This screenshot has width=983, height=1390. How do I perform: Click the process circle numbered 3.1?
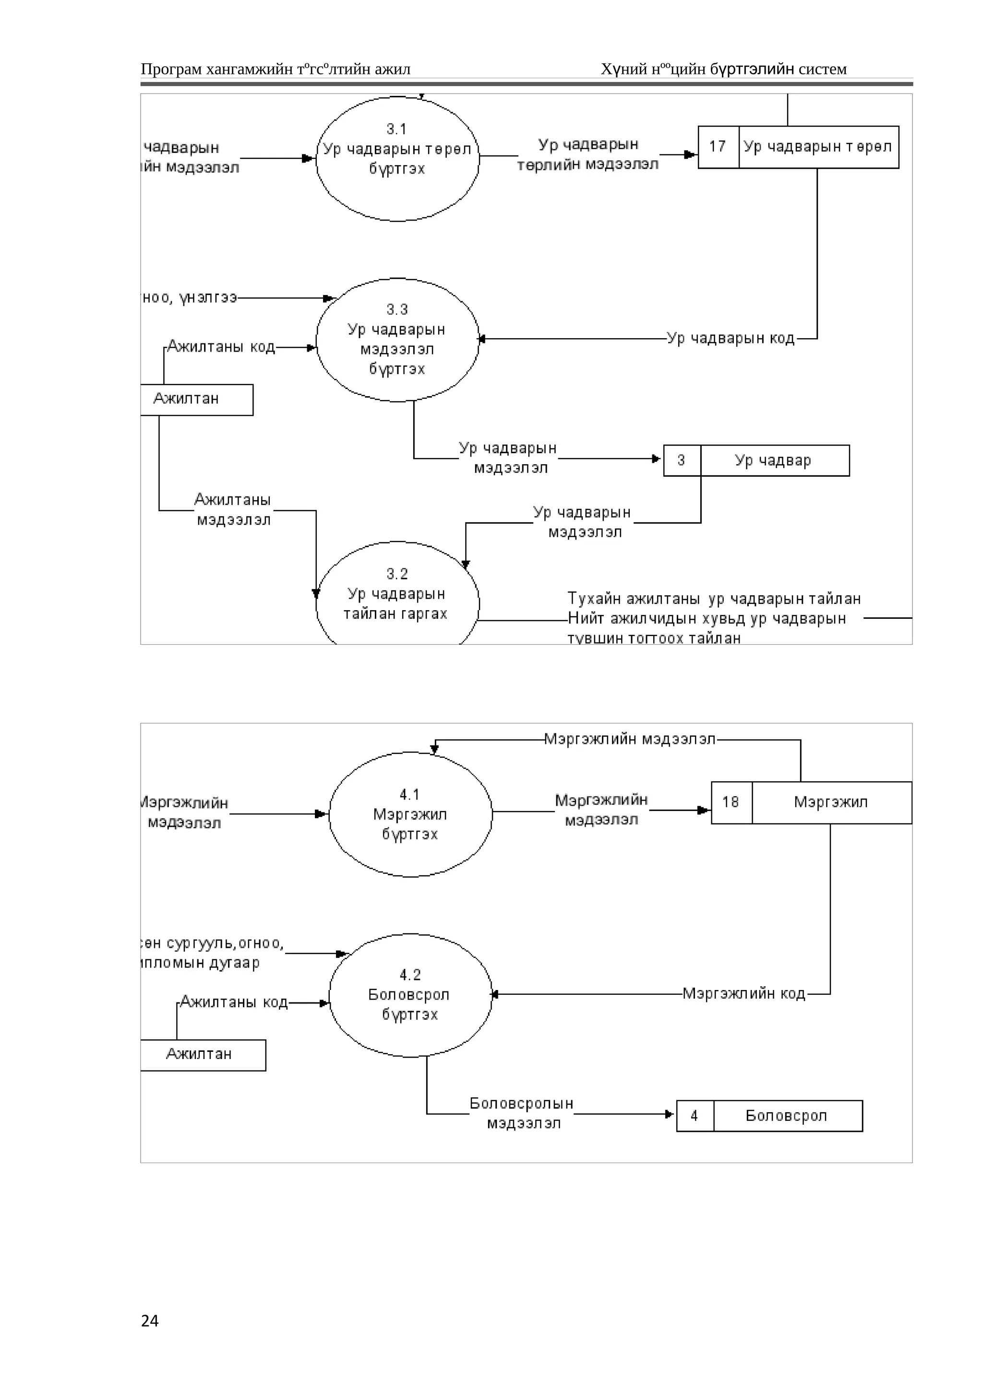pos(397,159)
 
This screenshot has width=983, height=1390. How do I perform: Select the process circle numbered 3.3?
pos(397,340)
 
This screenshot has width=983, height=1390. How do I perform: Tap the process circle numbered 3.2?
pos(397,596)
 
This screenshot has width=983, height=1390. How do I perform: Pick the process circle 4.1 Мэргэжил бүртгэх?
pos(410,814)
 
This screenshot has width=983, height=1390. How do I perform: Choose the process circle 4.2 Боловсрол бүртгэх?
pos(410,995)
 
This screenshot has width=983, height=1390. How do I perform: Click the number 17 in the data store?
pos(718,146)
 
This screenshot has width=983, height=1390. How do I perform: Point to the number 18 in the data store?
pos(731,802)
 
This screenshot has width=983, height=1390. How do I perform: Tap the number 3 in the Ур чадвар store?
pos(682,461)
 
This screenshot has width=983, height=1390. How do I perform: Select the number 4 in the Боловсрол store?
pos(694,1115)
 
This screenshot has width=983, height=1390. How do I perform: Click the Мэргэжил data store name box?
pos(831,802)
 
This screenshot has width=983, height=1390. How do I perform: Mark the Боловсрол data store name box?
pos(787,1115)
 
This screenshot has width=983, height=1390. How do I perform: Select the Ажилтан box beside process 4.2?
pos(202,1054)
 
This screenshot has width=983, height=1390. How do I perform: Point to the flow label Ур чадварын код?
pos(731,339)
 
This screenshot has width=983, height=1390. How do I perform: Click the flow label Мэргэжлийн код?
pos(744,993)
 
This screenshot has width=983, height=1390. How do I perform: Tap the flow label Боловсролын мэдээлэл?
pos(522,1113)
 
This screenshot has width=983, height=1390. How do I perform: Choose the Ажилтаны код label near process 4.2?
pos(234,1002)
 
